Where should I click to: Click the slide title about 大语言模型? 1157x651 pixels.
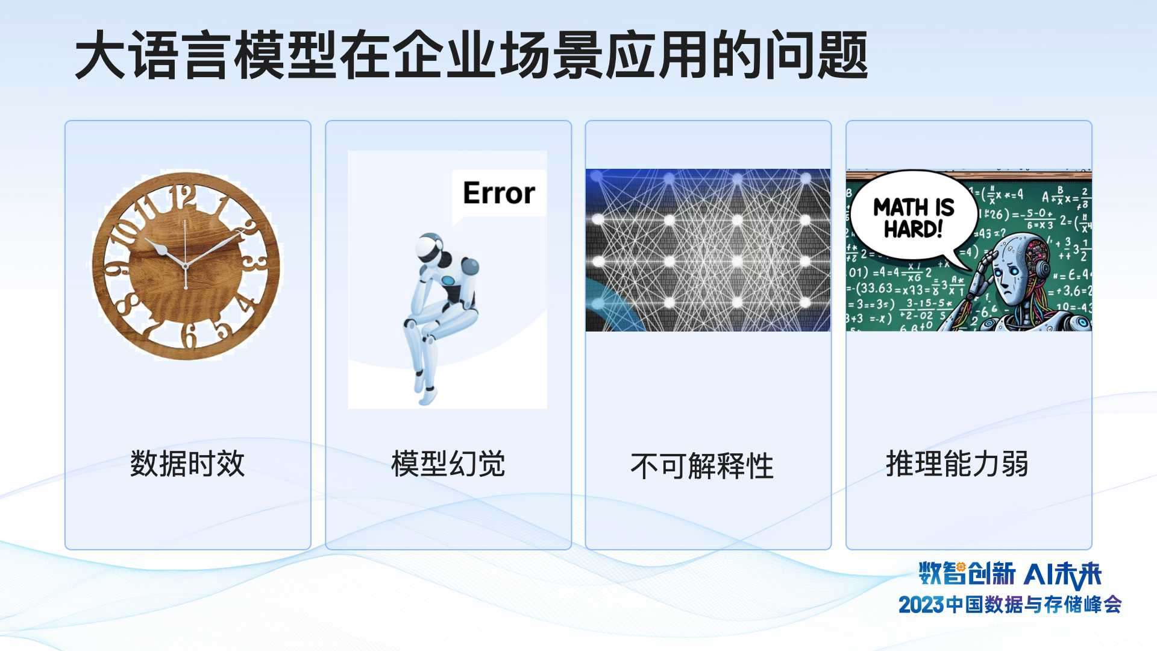point(470,55)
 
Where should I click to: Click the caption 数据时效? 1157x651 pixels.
point(187,464)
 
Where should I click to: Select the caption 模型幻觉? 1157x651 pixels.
point(448,464)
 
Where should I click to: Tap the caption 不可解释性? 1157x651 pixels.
point(702,466)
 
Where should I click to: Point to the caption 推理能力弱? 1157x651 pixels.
point(957,464)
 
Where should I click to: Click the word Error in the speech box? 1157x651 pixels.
point(499,193)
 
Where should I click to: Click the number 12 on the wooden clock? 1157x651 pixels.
point(183,197)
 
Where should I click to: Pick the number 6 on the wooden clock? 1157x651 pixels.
point(189,335)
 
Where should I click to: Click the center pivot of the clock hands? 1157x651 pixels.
point(186,266)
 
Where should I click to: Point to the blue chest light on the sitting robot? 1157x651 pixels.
point(449,280)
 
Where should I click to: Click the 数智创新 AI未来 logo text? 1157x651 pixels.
point(1010,573)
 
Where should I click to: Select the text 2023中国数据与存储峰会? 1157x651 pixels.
point(1010,605)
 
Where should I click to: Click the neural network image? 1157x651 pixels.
point(708,250)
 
